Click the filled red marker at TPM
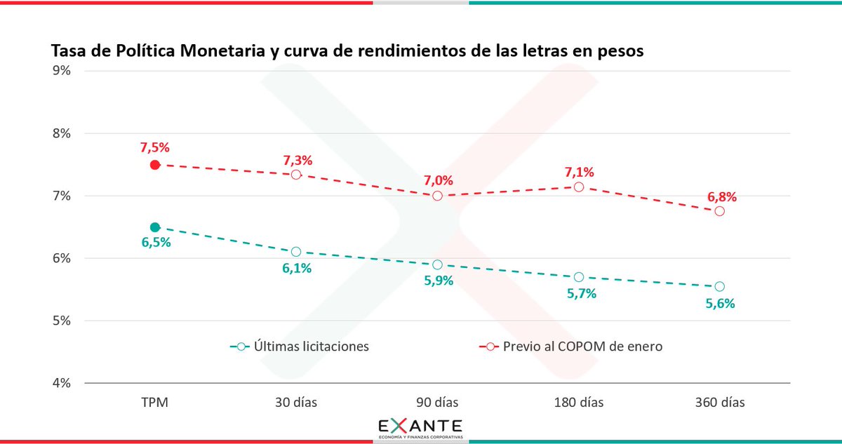(x=155, y=165)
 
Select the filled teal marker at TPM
(x=155, y=227)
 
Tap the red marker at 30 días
(x=296, y=175)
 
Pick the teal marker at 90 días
(x=437, y=264)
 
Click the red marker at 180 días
(x=579, y=187)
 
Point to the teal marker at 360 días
(x=719, y=286)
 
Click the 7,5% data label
(x=155, y=147)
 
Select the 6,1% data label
(x=296, y=269)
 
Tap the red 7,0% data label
(x=437, y=179)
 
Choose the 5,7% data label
(x=582, y=294)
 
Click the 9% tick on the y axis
(x=62, y=71)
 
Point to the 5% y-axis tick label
(x=62, y=321)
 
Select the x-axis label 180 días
(x=578, y=403)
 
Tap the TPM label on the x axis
(x=155, y=403)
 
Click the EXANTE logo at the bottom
(x=420, y=428)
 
